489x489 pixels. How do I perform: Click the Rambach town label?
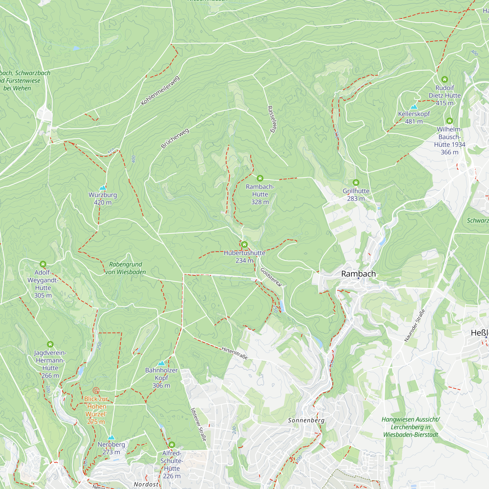click(x=358, y=274)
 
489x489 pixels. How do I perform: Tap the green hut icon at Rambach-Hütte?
click(x=260, y=178)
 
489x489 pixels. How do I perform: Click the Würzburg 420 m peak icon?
click(x=103, y=188)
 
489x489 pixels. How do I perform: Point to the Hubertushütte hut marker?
click(x=244, y=244)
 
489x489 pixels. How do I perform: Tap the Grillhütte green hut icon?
click(x=356, y=182)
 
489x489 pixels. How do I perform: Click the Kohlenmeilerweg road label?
click(x=160, y=90)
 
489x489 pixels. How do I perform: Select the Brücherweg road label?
click(x=175, y=138)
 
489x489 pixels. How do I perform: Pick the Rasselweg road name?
click(x=272, y=119)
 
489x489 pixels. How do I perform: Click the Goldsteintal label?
click(x=271, y=277)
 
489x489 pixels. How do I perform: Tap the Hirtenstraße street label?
click(x=234, y=353)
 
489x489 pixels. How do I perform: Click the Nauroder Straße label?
click(x=415, y=325)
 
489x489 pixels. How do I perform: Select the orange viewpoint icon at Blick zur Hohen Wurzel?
click(x=96, y=390)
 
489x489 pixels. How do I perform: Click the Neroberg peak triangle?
click(x=111, y=437)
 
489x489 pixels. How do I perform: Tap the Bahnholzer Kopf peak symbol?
click(x=161, y=363)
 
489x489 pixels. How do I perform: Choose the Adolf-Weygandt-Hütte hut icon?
click(x=43, y=264)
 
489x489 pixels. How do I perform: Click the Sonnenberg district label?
click(x=306, y=420)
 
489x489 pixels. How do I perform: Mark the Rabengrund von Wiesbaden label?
click(x=125, y=268)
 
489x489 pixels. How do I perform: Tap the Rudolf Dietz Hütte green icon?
click(x=445, y=79)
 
